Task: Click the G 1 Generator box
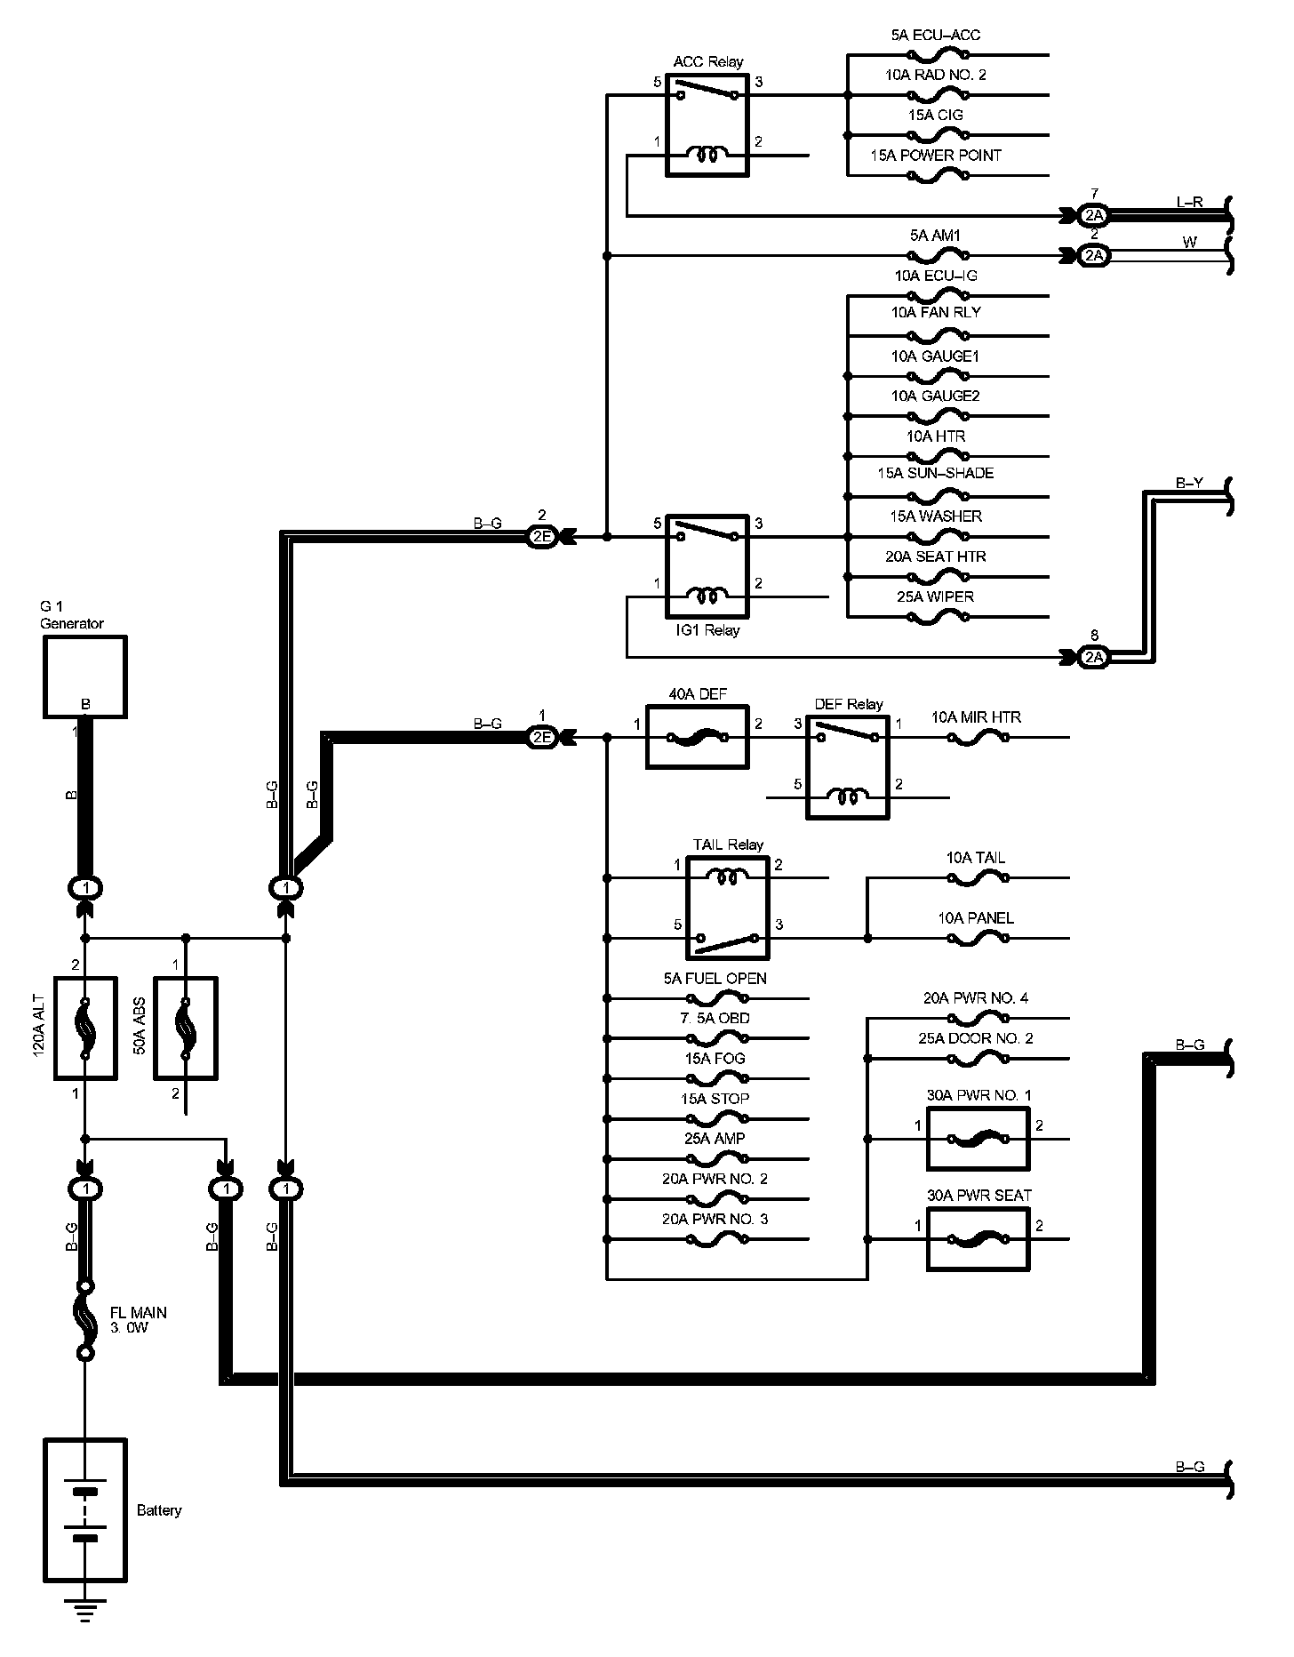tap(85, 676)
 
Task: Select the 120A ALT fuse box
tap(85, 1029)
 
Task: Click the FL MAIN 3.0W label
tap(138, 1320)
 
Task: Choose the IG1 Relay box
tap(707, 565)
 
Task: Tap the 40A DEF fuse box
tap(697, 737)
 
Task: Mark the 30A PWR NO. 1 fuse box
tap(978, 1139)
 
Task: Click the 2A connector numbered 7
tap(1094, 215)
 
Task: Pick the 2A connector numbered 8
tap(1094, 657)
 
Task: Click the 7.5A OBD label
tap(716, 1018)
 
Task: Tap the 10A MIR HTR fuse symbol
tap(977, 738)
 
